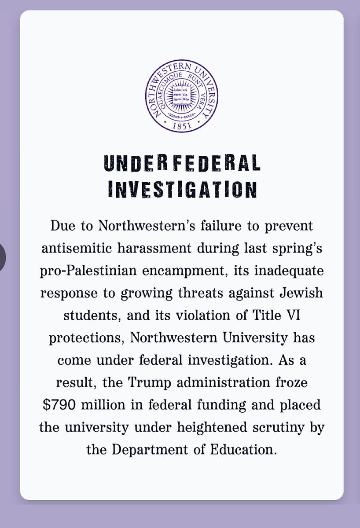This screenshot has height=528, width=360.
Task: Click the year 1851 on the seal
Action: coord(182,126)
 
